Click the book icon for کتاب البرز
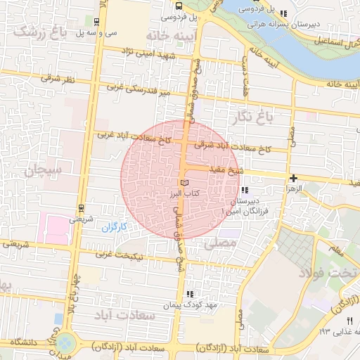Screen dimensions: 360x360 (x=184, y=183)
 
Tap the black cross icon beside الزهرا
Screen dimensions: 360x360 (x=292, y=178)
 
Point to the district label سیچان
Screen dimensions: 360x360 (x=43, y=169)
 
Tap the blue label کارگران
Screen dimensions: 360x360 (x=112, y=227)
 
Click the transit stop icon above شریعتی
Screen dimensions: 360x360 (x=81, y=208)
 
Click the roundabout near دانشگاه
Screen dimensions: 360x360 (x=65, y=343)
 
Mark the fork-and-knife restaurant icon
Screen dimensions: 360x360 (x=349, y=319)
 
